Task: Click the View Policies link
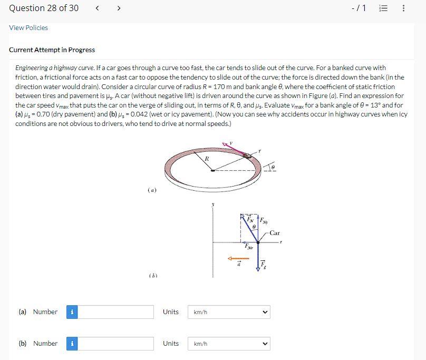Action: click(28, 28)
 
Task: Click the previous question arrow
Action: click(97, 8)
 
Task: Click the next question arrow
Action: click(119, 8)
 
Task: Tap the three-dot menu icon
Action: click(403, 8)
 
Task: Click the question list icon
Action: click(383, 8)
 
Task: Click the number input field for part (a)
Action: click(115, 312)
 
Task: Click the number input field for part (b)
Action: click(115, 344)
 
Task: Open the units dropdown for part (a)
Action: click(229, 312)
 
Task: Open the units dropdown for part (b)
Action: click(229, 344)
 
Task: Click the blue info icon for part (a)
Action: click(72, 312)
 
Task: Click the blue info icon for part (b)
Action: click(72, 344)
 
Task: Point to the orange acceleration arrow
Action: click(238, 258)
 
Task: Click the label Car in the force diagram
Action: click(274, 233)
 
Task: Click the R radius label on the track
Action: click(207, 159)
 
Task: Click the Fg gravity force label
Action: click(263, 265)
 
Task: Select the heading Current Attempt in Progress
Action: click(52, 50)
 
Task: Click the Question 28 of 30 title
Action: click(44, 8)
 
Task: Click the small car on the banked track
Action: click(247, 156)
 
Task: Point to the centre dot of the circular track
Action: click(213, 171)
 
